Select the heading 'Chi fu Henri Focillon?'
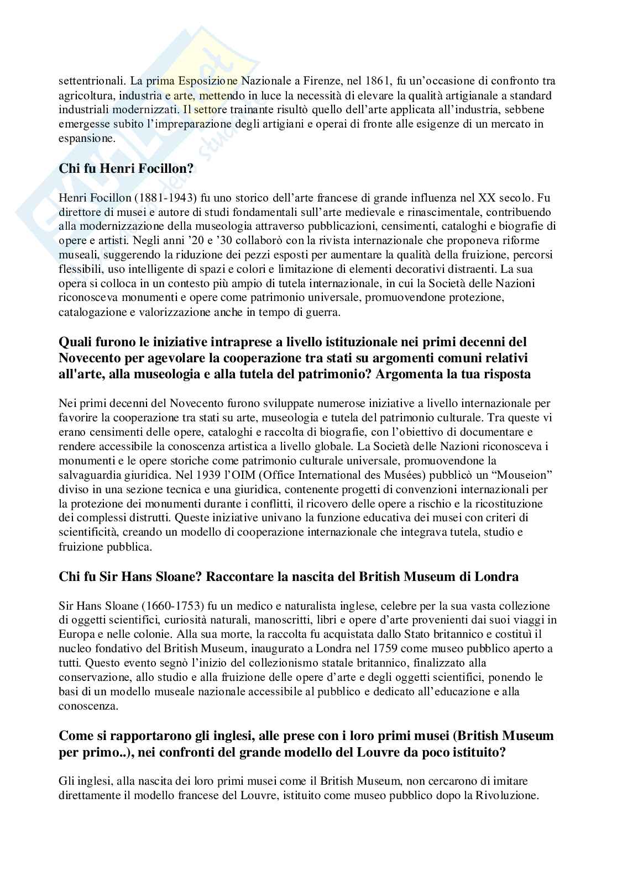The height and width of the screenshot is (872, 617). [128, 169]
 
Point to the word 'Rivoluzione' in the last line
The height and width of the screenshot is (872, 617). [512, 796]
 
